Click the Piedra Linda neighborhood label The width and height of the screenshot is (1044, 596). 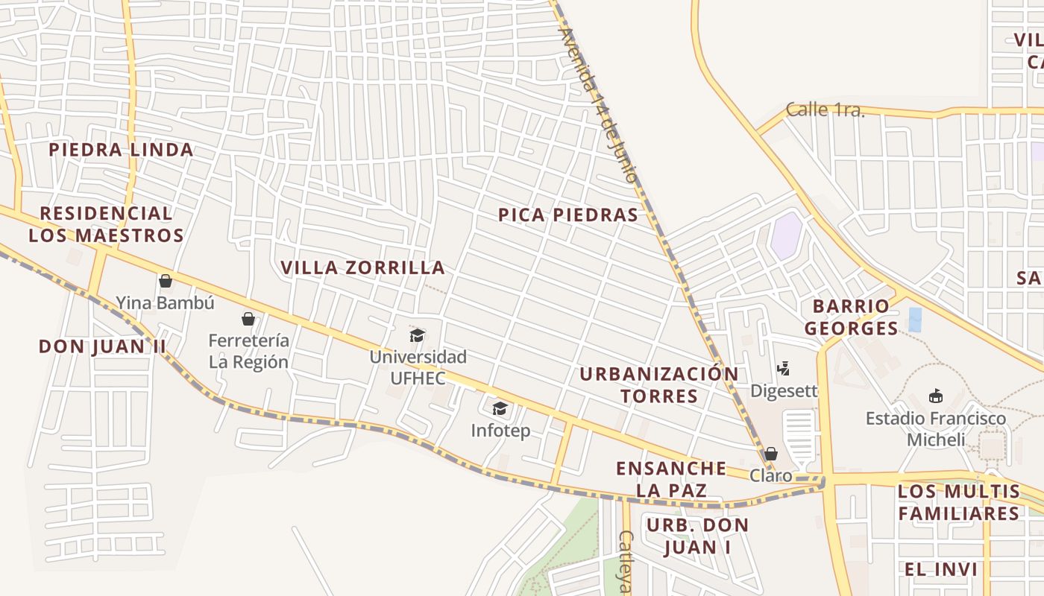click(x=121, y=150)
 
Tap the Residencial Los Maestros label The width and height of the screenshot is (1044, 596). click(x=106, y=224)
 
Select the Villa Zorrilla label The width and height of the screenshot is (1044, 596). click(x=362, y=267)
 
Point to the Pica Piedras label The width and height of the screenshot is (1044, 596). click(x=568, y=215)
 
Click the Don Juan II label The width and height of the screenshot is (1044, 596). click(x=102, y=346)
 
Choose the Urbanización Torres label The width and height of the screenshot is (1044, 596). click(x=659, y=384)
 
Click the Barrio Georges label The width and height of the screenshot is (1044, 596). click(x=851, y=317)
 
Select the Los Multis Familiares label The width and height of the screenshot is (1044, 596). click(x=959, y=502)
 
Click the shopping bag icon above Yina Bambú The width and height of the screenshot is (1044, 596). click(x=166, y=281)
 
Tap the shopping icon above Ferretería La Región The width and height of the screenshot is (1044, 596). click(x=248, y=319)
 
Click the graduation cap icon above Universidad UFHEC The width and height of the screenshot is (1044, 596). click(x=418, y=335)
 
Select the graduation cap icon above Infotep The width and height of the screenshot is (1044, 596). click(x=500, y=408)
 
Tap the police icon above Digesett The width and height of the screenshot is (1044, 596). click(x=783, y=368)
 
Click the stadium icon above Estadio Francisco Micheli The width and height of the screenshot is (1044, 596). click(x=936, y=396)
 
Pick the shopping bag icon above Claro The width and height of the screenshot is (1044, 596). click(x=771, y=454)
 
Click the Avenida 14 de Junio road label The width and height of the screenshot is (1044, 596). click(x=598, y=106)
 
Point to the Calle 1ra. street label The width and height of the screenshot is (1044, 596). click(x=825, y=110)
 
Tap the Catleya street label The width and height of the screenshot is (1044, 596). click(x=626, y=562)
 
